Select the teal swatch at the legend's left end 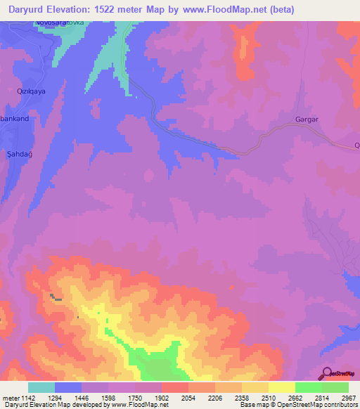pos(41,387)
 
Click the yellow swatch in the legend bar pos(281,387)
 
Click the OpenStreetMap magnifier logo pos(326,374)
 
